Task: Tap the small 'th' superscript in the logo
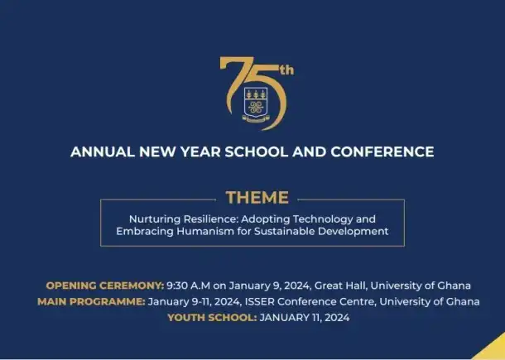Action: click(x=285, y=70)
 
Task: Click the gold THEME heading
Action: click(x=257, y=198)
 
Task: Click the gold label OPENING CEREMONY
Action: click(x=105, y=286)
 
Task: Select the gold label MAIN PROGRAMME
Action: click(x=91, y=301)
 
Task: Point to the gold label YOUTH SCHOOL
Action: click(x=211, y=317)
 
